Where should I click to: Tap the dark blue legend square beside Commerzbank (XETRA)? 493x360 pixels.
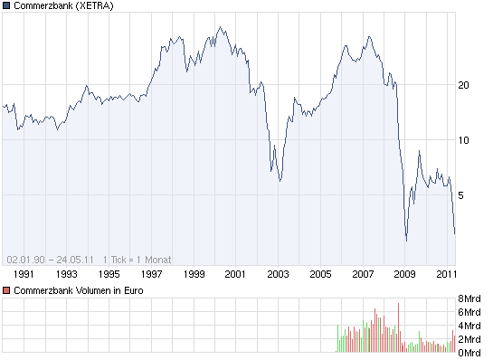[6, 5]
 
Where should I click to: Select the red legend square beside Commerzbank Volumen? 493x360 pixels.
[6, 290]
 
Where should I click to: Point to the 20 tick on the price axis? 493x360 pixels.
[464, 85]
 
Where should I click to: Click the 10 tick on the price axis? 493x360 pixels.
[464, 140]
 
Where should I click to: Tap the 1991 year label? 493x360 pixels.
[24, 273]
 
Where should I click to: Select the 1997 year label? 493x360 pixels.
[151, 273]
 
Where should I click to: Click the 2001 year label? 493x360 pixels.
[236, 273]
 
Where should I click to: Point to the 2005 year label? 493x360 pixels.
[320, 273]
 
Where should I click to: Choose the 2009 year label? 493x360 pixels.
[404, 273]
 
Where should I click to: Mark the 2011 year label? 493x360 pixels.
[446, 273]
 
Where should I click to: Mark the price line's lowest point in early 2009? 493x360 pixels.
[406, 241]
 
